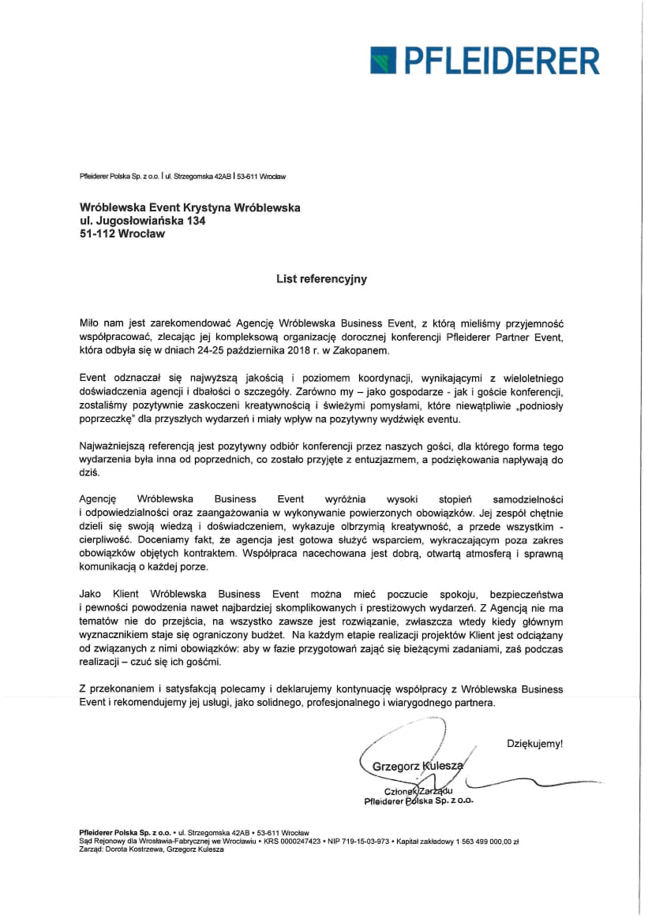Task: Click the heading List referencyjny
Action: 321,278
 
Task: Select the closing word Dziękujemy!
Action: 534,743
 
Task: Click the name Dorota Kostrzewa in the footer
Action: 137,850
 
